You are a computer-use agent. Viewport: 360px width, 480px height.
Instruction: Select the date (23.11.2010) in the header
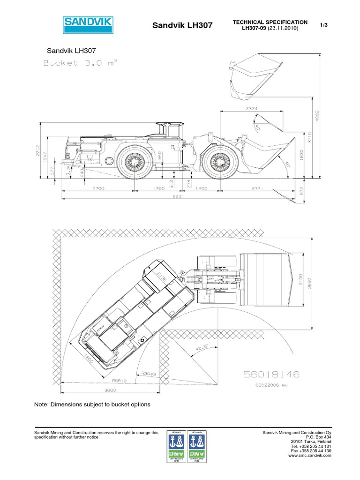point(282,29)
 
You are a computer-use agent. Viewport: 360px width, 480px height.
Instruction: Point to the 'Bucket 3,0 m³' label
point(79,63)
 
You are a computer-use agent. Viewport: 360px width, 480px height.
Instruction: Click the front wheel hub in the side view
point(219,162)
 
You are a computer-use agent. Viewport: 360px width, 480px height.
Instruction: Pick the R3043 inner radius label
point(149,373)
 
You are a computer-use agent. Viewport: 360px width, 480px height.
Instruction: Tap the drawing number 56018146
point(271,374)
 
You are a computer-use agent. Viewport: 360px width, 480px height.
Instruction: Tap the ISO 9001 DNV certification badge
point(176,448)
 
